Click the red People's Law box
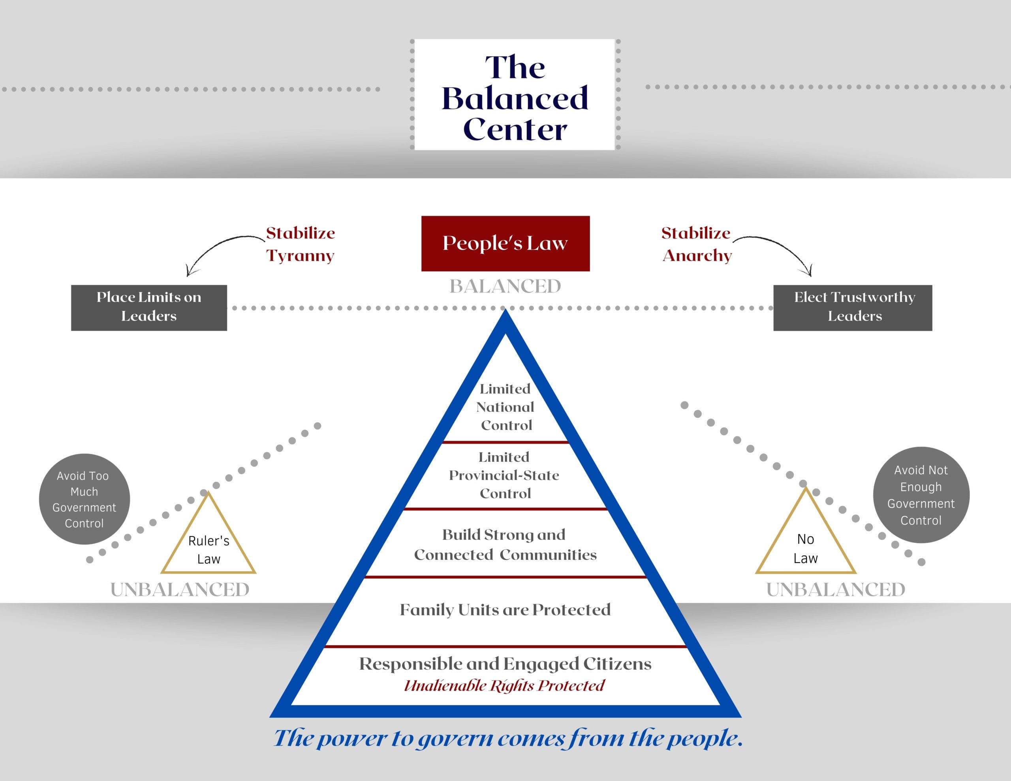point(505,243)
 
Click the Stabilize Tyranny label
point(300,244)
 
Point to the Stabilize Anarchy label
point(696,244)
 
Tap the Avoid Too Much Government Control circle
point(84,499)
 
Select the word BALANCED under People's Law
point(505,287)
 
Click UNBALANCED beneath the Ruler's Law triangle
point(180,590)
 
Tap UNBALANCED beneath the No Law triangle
point(836,590)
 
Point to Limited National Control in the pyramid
point(505,407)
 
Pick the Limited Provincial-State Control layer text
point(504,475)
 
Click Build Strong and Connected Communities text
point(505,544)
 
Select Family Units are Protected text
point(505,610)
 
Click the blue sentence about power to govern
point(508,738)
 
